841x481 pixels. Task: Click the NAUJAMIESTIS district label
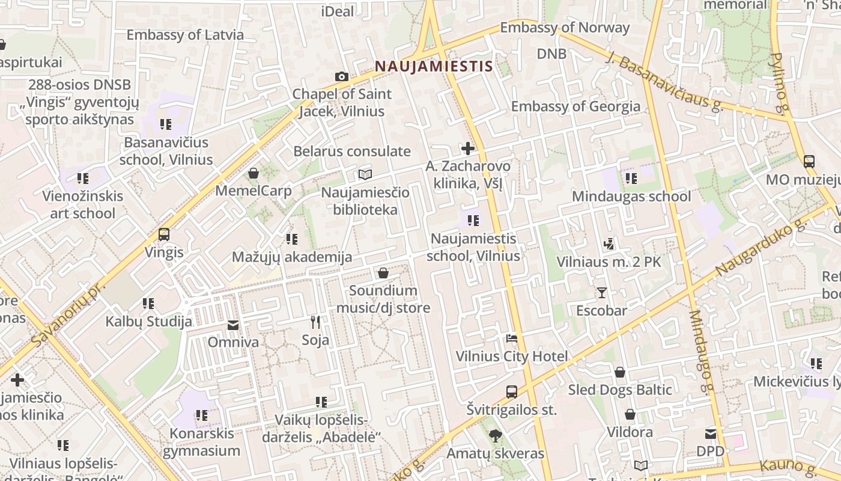434,66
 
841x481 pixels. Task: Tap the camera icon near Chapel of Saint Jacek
341,76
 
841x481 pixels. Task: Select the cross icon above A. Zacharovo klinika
467,148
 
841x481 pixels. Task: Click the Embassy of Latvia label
185,34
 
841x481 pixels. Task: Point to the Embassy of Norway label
565,28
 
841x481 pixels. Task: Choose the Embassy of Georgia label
575,106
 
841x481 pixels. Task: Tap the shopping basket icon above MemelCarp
254,173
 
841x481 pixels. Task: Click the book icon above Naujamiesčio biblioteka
365,175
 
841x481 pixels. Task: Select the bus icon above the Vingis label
164,234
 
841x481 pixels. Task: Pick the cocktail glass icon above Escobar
601,293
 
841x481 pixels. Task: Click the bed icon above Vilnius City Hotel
511,339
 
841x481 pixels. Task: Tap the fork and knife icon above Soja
315,322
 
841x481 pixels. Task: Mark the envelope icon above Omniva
233,325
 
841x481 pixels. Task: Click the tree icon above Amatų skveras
495,435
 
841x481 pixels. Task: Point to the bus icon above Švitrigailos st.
511,392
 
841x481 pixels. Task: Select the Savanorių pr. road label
67,313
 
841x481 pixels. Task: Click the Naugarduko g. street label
761,247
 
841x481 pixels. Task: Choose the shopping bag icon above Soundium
383,274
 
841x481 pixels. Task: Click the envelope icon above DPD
711,434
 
